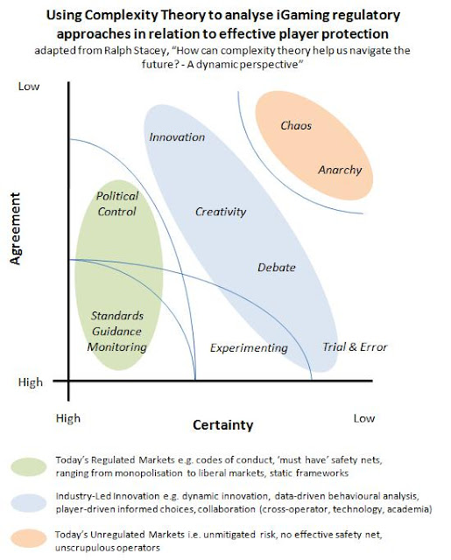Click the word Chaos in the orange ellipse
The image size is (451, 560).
[297, 126]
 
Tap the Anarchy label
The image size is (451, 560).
[340, 169]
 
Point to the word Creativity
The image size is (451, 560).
[220, 212]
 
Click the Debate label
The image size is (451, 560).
[277, 268]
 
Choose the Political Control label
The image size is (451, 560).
[116, 204]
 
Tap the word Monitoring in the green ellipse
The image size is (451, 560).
[116, 347]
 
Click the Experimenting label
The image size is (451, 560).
[249, 347]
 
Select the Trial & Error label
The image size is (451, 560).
[355, 347]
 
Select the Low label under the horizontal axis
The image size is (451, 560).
[363, 418]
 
